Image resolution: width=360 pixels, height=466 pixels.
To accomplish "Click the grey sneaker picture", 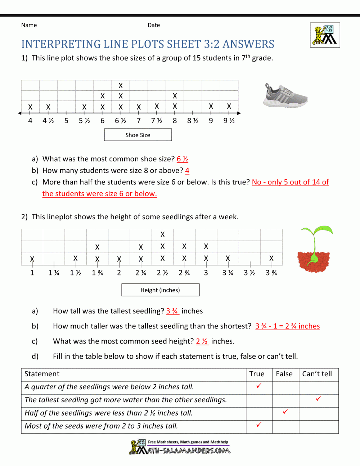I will [x=285, y=96].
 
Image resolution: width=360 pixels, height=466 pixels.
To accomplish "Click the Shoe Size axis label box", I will [x=138, y=135].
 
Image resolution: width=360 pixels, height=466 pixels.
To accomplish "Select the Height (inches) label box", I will [x=160, y=290].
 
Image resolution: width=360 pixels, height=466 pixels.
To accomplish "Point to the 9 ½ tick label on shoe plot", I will [x=229, y=121].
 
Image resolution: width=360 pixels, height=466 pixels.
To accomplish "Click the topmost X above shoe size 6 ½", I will [x=121, y=85].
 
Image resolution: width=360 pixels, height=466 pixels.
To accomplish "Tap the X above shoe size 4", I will [x=30, y=107].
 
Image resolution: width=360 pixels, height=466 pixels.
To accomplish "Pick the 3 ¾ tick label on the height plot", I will [x=271, y=273].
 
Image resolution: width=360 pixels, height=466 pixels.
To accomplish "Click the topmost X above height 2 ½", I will [x=163, y=234].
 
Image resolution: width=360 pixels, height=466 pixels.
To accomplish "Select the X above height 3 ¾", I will [x=271, y=258].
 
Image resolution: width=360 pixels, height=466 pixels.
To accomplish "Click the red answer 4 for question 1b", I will [x=187, y=170].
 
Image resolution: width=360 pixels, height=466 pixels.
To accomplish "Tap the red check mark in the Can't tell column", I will [x=318, y=399].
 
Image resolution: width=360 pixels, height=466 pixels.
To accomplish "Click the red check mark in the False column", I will [x=285, y=412].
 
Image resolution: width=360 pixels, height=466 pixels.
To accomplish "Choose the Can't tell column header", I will [x=317, y=374].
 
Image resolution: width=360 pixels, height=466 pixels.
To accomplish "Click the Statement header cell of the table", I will [x=42, y=374].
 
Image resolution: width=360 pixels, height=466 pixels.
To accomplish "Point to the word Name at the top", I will [x=29, y=25].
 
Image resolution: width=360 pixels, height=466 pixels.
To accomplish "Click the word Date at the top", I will [x=154, y=25].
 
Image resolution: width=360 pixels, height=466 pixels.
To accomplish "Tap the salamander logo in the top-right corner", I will [x=325, y=35].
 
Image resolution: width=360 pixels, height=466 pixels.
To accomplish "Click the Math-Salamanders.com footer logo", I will [x=180, y=447].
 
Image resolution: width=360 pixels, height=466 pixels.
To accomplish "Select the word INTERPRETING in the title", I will [x=61, y=44].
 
